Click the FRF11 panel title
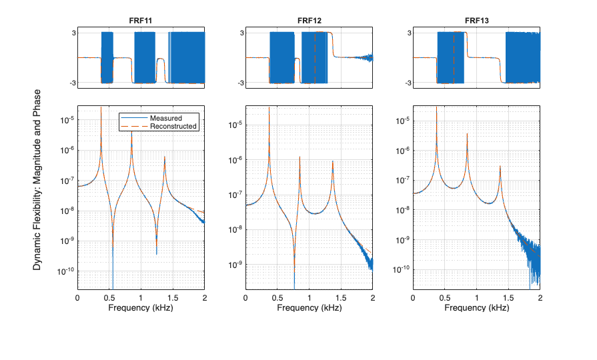pos(141,21)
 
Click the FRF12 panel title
pos(309,21)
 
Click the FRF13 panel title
pos(477,21)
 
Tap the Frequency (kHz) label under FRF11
pos(141,308)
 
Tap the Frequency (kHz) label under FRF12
pos(309,308)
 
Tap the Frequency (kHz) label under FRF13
pos(477,308)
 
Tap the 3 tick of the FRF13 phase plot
pos(406,33)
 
